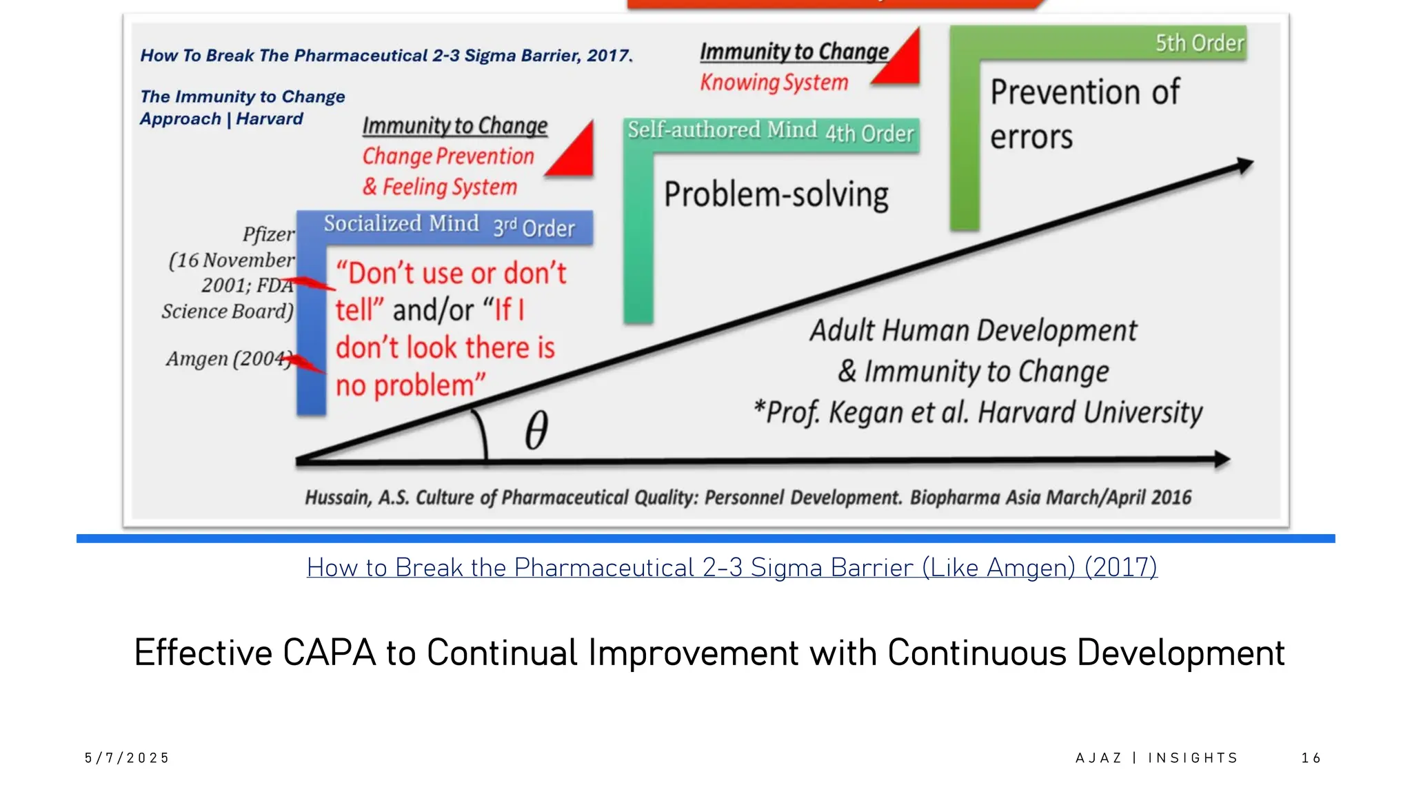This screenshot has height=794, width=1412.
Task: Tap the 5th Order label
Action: click(1200, 43)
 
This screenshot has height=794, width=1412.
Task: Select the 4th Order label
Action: click(869, 133)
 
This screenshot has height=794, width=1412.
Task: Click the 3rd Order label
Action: click(534, 228)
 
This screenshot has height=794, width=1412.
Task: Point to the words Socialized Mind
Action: click(401, 224)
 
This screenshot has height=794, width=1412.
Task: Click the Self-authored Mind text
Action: click(722, 130)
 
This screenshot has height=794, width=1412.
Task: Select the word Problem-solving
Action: click(776, 194)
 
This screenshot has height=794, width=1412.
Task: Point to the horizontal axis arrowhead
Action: click(1221, 459)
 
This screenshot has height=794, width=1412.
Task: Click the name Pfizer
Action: click(268, 234)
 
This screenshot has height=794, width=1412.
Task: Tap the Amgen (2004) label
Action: click(227, 359)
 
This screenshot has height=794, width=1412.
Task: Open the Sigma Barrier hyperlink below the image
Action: click(732, 567)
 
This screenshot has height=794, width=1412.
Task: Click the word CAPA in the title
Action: click(329, 653)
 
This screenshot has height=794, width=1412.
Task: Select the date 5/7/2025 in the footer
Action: click(127, 758)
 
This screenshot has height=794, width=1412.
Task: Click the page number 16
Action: click(1311, 758)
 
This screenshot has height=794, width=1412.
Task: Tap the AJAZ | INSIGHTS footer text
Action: click(1156, 758)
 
